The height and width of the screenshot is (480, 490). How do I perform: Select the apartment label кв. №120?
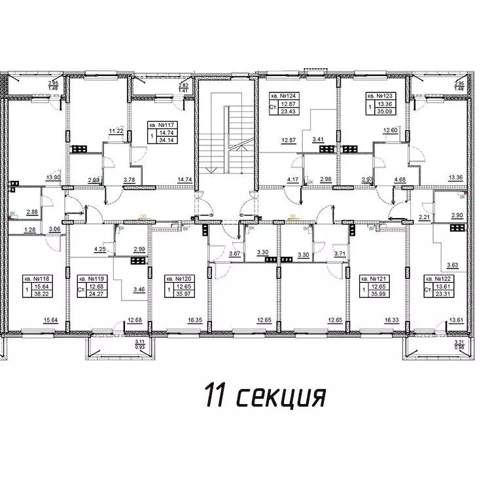click(178, 278)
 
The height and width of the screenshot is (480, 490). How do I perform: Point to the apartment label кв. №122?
click(438, 278)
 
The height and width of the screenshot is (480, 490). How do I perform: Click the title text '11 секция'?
click(264, 396)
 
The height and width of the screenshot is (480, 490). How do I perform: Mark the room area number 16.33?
click(391, 321)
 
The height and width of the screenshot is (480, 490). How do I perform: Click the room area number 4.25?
click(100, 249)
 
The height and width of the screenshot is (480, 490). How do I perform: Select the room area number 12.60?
click(391, 131)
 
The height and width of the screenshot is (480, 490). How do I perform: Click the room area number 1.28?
click(28, 229)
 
